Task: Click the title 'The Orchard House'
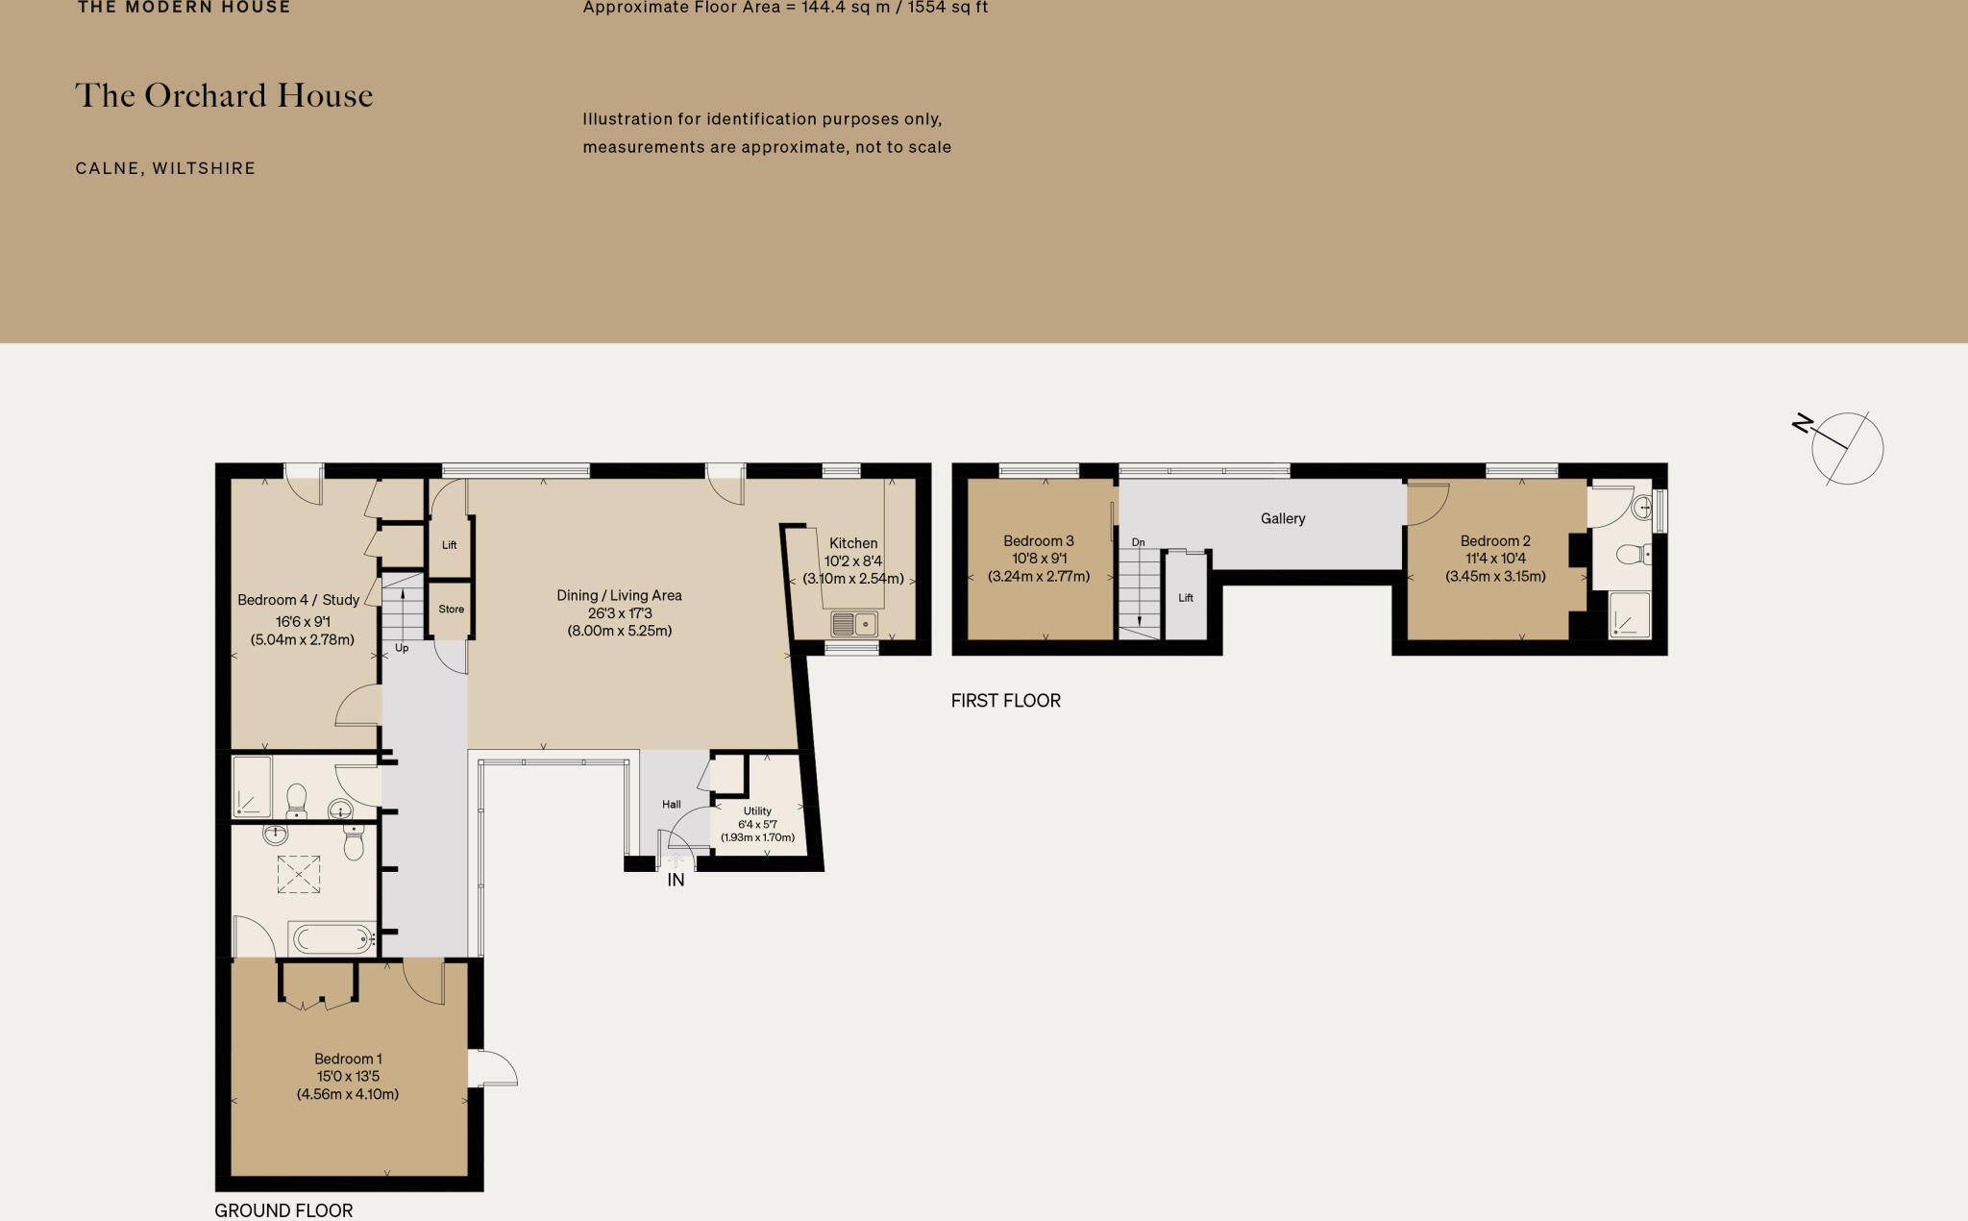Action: click(224, 95)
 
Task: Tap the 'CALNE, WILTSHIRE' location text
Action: click(165, 168)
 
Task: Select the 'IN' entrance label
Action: click(676, 880)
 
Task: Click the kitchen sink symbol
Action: click(854, 625)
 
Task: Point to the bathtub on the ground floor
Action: click(332, 938)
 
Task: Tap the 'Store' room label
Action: click(451, 609)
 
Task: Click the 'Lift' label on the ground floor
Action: click(449, 545)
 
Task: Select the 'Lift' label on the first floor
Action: click(1186, 598)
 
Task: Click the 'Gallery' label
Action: click(1283, 518)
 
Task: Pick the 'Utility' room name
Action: click(757, 810)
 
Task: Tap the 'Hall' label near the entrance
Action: click(672, 804)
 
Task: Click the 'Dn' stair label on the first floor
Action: click(1139, 542)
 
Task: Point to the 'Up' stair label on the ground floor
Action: click(402, 648)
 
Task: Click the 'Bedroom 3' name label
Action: click(1039, 541)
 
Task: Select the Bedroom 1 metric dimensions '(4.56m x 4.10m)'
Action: click(348, 1094)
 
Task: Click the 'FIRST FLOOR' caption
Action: click(1006, 701)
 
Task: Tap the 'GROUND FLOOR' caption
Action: click(283, 1210)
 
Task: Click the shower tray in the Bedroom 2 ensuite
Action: click(1630, 615)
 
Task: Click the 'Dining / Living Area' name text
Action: click(620, 595)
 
